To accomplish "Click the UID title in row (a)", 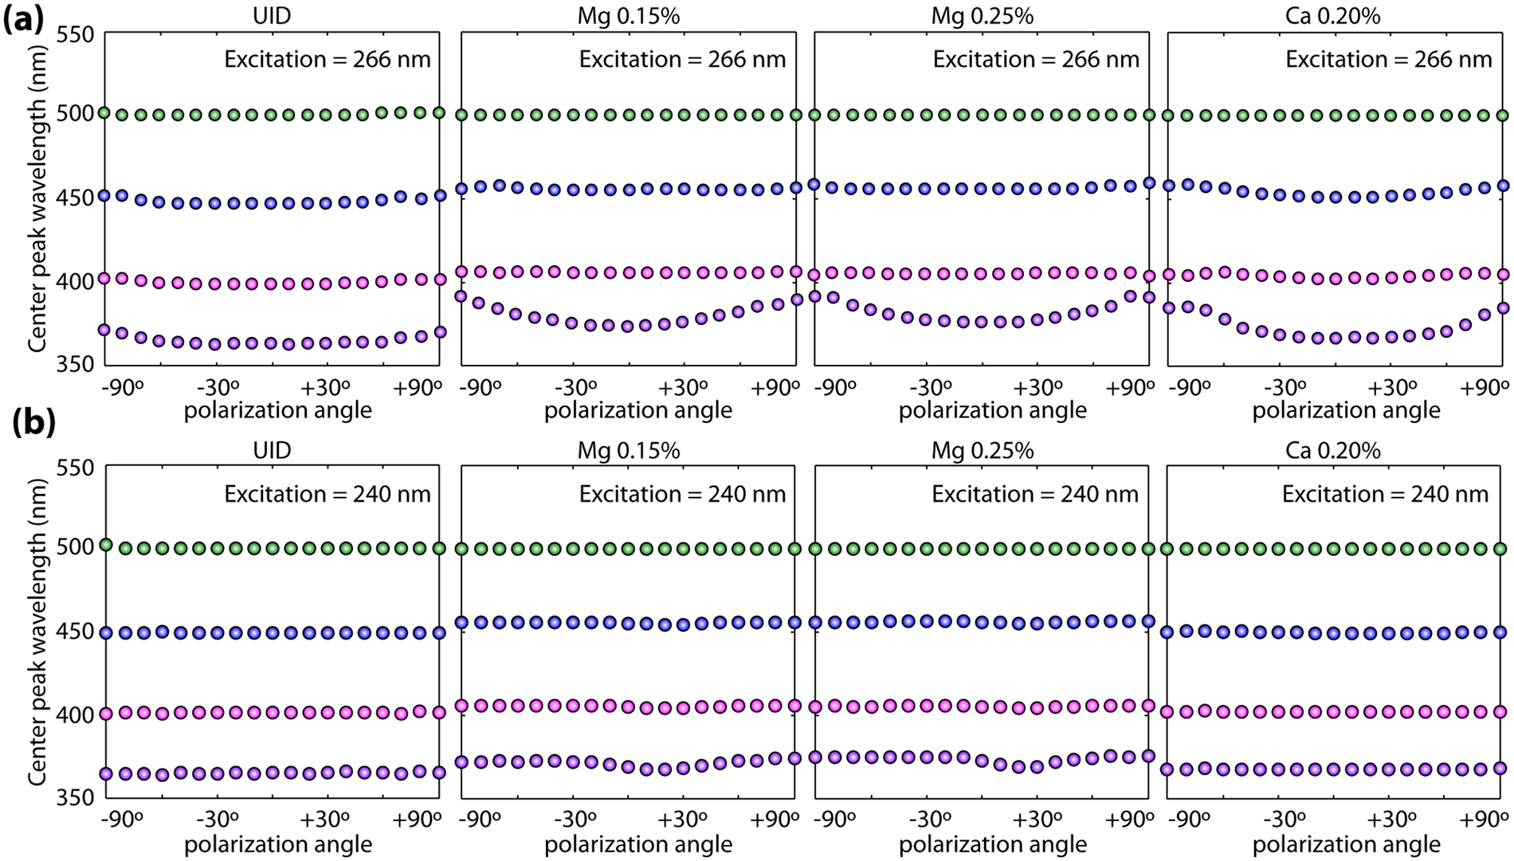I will click(272, 16).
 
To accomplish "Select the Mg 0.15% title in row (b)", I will click(628, 450).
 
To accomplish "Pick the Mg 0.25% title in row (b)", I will click(982, 450).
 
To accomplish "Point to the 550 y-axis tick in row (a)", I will click(76, 34).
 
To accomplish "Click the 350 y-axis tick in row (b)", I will click(76, 797).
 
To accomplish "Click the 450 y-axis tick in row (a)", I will click(76, 198).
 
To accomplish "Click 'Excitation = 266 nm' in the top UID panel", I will click(328, 60).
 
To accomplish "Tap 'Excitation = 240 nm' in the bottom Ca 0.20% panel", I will click(1385, 495).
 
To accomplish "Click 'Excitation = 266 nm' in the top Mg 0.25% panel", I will click(1036, 60).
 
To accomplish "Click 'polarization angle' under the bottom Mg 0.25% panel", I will click(992, 844).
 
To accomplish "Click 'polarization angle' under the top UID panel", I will click(278, 410).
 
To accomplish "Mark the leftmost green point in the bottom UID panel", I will click(105, 546).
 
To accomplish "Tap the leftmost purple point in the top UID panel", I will click(104, 330).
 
